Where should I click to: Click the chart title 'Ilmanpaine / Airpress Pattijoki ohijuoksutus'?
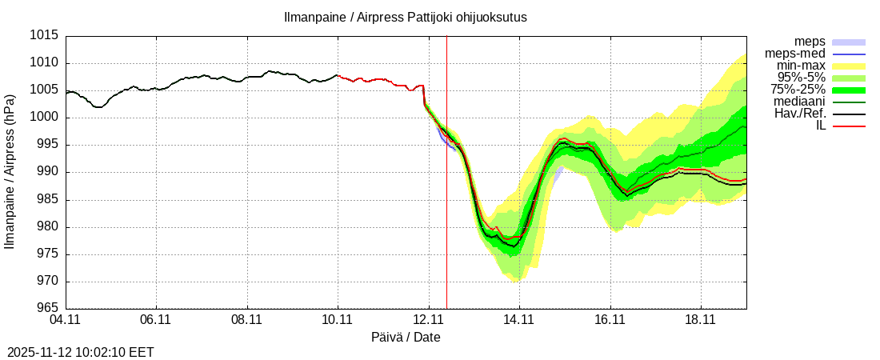406,17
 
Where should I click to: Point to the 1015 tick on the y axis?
44,36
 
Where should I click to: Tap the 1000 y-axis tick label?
44,118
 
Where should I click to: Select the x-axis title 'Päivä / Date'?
406,338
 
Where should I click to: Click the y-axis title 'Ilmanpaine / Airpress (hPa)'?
10,172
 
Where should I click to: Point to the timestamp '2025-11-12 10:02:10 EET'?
80,352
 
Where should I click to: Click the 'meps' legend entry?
810,42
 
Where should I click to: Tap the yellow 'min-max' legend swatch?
850,66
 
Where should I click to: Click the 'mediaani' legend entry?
800,102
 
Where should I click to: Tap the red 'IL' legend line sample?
850,126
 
